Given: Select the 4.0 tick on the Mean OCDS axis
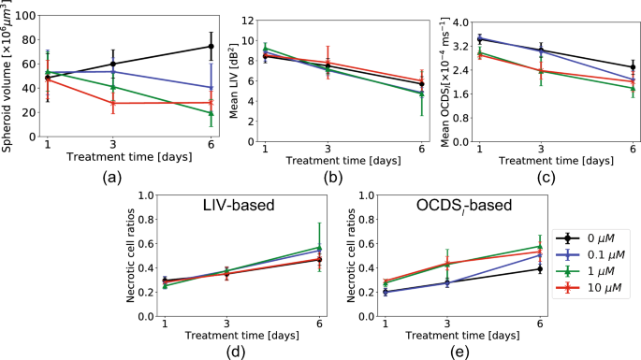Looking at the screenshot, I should pyautogui.click(x=461, y=19).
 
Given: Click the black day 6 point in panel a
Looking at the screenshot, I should pyautogui.click(x=211, y=46).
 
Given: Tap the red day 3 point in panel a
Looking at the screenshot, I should pyautogui.click(x=113, y=103).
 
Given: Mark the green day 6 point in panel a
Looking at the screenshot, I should pyautogui.click(x=211, y=113).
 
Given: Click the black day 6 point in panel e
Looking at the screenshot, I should pyautogui.click(x=539, y=268).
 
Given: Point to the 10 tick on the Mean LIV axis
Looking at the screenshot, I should pyautogui.click(x=248, y=41).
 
